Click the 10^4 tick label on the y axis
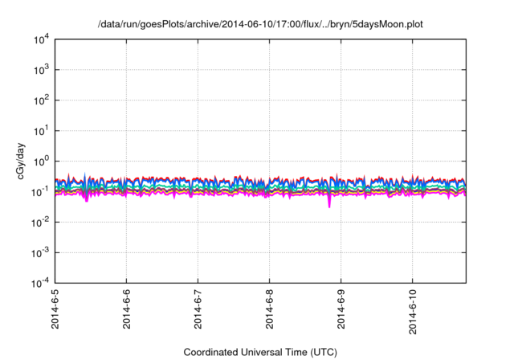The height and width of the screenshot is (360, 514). coord(41,39)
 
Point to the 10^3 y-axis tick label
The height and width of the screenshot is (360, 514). coord(41,69)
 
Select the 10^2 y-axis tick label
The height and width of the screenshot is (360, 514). coord(41,100)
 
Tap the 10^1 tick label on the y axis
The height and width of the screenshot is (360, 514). coord(41,130)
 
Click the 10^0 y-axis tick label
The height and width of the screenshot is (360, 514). coord(41,161)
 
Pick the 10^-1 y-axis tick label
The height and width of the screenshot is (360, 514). coord(40,191)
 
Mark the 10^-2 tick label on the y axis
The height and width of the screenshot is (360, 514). coord(40,222)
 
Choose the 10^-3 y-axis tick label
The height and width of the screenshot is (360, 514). coord(40,252)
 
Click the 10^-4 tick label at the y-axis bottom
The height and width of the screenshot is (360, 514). coord(40,283)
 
